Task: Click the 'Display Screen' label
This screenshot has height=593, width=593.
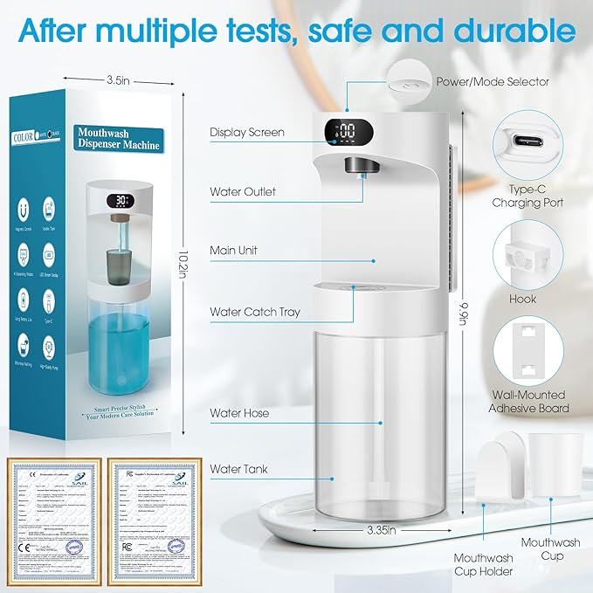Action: click(247, 133)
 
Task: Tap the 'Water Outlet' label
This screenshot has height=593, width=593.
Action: click(244, 192)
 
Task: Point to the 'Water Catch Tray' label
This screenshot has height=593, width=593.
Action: click(255, 312)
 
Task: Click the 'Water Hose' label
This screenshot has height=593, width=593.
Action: click(239, 412)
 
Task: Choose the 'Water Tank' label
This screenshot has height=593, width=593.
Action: click(238, 469)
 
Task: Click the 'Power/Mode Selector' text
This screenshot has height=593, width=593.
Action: click(493, 81)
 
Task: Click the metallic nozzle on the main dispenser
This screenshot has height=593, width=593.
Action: click(356, 164)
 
